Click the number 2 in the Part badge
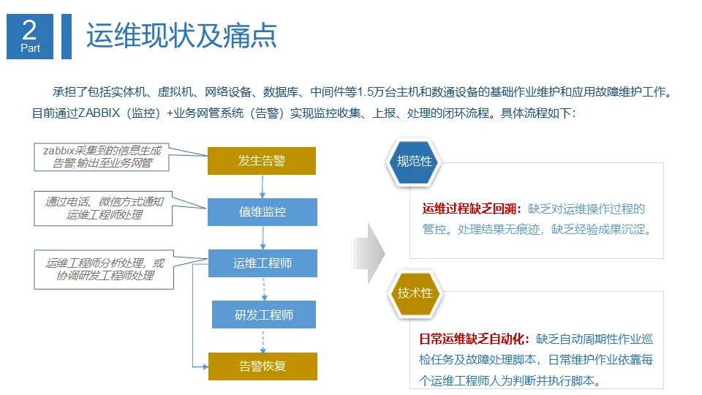29,30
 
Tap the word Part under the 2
31,48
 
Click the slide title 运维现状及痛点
181,35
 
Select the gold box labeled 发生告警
262,161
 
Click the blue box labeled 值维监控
263,212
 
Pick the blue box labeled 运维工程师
263,263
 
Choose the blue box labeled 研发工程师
264,315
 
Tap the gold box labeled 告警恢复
263,366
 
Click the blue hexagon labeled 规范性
414,161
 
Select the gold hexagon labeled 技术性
415,293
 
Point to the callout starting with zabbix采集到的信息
102,157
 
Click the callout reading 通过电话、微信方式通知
103,208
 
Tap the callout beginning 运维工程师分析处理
105,269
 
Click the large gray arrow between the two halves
371,253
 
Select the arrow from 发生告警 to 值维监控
263,187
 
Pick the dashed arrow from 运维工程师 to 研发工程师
264,289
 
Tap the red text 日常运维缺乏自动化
471,339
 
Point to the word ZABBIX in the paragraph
99,113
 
